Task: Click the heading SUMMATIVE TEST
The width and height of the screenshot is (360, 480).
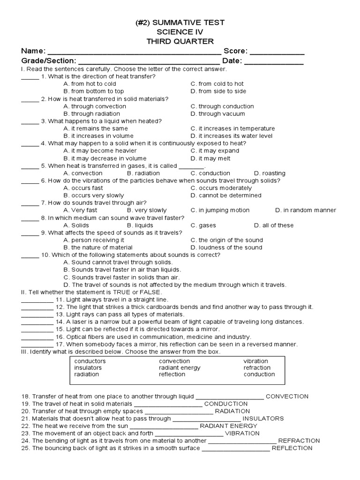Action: pos(180,22)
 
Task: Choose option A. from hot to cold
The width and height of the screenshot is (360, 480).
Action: pos(90,84)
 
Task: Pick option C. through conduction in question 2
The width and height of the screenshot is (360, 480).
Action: pos(222,106)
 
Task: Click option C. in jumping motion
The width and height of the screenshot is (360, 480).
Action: pos(220,210)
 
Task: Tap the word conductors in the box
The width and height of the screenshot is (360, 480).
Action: pos(90,361)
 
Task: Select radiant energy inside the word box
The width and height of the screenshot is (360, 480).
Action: pos(180,368)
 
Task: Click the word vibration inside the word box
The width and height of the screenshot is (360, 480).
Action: pos(255,361)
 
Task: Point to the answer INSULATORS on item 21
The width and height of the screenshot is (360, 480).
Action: pos(263,419)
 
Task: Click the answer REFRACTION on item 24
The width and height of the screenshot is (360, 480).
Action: pos(299,441)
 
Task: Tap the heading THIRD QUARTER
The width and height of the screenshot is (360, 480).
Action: pos(180,41)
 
